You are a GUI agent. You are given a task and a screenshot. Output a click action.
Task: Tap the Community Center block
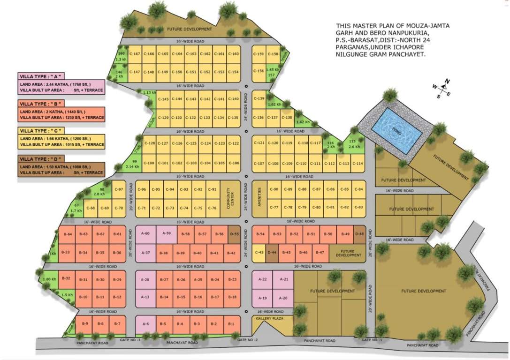tap(230, 199)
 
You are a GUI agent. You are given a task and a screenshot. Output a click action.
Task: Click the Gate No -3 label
tap(130, 339)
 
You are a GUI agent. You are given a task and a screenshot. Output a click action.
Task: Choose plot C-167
tap(135, 54)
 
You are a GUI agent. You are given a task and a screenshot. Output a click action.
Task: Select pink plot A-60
tap(146, 233)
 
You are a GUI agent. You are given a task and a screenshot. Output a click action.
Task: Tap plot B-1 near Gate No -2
tap(231, 324)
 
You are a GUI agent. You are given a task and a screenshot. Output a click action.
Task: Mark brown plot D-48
tap(359, 234)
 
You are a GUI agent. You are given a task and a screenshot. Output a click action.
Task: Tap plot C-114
tap(358, 163)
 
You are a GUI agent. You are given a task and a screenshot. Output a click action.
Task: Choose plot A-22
tap(263, 279)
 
